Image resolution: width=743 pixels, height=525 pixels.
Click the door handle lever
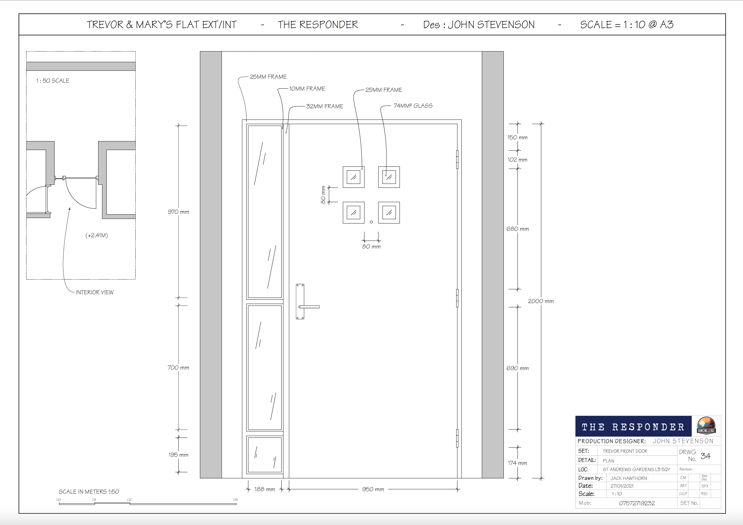(309, 306)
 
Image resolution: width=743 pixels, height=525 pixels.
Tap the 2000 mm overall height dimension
(541, 301)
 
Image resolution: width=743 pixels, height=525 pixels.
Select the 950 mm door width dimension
(373, 489)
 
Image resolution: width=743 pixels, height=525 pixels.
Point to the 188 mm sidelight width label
(265, 489)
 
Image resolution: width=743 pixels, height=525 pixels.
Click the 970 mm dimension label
(178, 212)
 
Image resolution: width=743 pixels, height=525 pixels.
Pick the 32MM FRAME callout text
(325, 106)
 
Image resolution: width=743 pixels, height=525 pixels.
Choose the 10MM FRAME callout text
(307, 89)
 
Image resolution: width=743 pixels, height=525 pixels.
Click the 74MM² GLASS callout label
(413, 106)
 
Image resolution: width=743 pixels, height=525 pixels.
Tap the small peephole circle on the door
(371, 222)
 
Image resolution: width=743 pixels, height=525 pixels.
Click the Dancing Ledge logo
(706, 425)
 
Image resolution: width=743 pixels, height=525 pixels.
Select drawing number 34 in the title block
(706, 456)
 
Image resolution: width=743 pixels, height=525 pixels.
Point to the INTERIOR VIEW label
(94, 292)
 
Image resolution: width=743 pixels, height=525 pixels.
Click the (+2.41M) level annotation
(96, 235)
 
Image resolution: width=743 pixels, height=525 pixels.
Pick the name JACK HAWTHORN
(628, 478)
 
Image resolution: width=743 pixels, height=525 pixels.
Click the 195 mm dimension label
(178, 455)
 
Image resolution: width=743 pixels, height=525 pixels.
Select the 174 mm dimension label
(517, 463)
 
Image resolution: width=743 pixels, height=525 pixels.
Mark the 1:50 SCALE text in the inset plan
(52, 80)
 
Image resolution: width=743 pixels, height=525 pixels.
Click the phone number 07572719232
(637, 503)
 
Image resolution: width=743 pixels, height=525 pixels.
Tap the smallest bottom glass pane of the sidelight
(265, 455)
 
